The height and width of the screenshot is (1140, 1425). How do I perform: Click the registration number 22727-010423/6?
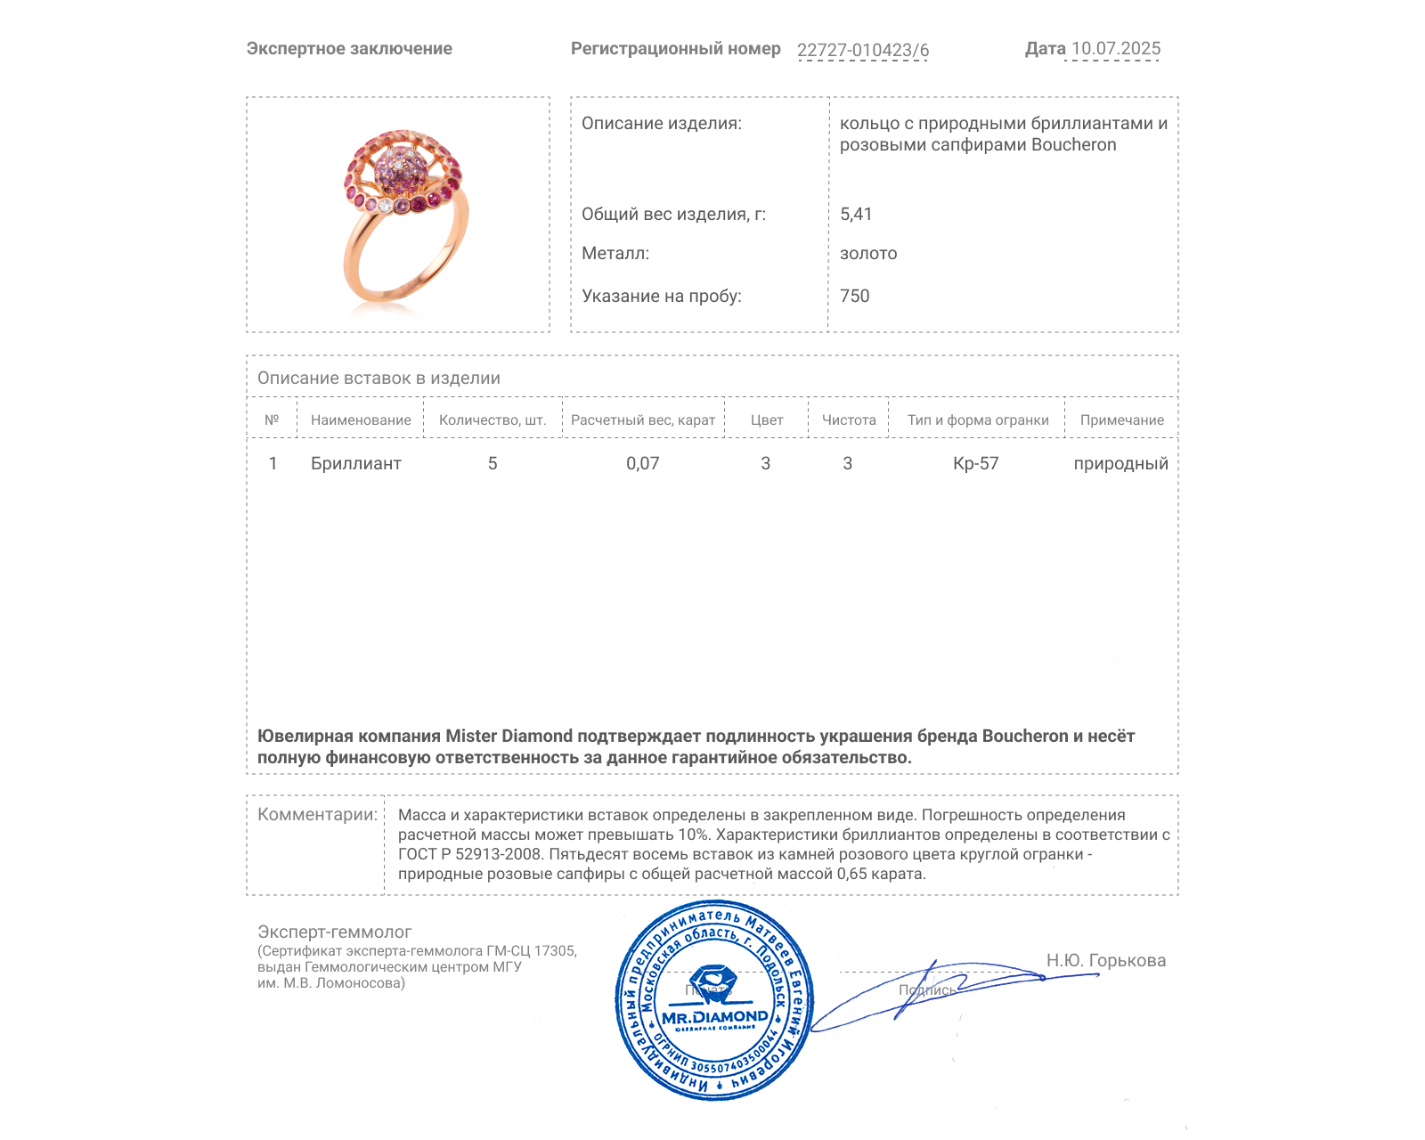click(862, 50)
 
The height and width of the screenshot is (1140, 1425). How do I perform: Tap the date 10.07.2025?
click(1115, 49)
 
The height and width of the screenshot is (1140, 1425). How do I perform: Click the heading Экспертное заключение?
click(349, 49)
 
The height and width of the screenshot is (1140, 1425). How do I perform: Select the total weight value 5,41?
click(856, 214)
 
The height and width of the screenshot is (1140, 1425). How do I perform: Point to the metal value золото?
click(868, 254)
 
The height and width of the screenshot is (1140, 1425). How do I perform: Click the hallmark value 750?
click(854, 296)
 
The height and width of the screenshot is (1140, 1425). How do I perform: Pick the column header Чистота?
click(849, 420)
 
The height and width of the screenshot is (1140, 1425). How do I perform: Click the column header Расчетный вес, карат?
click(643, 420)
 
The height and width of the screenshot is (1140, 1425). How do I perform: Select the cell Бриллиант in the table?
click(356, 463)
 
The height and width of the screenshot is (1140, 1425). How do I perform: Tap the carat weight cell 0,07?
click(642, 463)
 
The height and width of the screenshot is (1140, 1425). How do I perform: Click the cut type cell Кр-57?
click(976, 463)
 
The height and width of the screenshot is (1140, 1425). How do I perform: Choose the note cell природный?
click(1120, 463)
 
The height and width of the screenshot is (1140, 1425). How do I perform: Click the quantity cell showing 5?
click(493, 463)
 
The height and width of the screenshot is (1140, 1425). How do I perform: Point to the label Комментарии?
click(317, 814)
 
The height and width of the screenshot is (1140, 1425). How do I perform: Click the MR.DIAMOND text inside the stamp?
click(714, 1017)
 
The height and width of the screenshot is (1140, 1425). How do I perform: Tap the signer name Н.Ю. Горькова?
click(1105, 960)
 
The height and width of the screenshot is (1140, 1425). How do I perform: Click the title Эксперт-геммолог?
click(335, 932)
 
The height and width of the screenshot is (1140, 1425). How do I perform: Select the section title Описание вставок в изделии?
click(379, 378)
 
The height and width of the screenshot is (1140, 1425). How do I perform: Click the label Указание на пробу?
click(662, 296)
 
